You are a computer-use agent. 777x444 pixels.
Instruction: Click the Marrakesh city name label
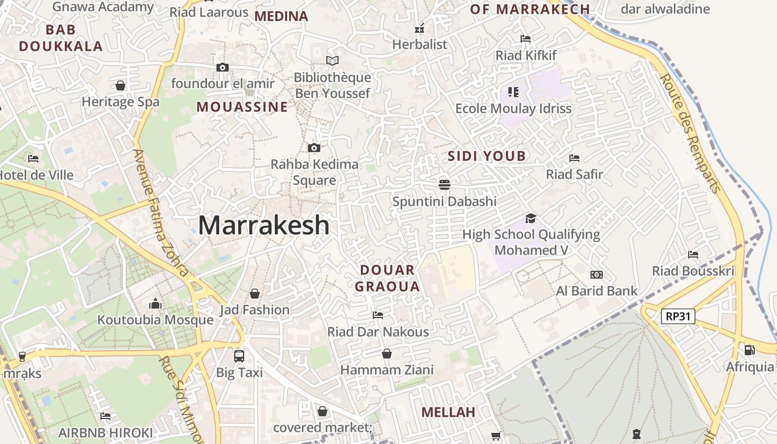(264, 225)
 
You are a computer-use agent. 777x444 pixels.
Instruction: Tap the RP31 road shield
(678, 316)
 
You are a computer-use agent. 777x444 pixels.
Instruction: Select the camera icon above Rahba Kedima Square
(314, 148)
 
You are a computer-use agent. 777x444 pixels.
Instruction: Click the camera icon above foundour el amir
(223, 68)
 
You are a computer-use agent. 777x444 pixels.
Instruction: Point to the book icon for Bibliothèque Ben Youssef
(332, 60)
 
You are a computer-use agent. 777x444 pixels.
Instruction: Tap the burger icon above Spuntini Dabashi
(444, 184)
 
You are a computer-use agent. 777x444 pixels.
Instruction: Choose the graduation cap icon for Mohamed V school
(531, 218)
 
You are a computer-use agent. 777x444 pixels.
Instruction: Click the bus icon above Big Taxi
(239, 356)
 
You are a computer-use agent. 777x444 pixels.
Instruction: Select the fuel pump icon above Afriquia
(749, 350)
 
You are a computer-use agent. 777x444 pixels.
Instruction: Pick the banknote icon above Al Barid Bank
(597, 275)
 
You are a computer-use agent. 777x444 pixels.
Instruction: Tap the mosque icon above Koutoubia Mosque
(155, 304)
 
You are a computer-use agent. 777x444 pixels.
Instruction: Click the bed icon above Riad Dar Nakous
(378, 315)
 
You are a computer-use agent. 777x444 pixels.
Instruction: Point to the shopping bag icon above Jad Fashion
(255, 293)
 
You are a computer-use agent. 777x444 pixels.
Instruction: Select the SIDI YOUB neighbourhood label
(486, 156)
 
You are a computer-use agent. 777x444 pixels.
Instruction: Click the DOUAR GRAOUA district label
(387, 279)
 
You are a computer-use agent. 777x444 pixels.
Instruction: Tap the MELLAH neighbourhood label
(448, 412)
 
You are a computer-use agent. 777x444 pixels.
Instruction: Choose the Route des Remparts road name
(690, 133)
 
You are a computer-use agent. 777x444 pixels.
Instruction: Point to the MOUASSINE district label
(243, 107)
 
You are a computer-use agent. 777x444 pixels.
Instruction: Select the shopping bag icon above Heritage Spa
(120, 85)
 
